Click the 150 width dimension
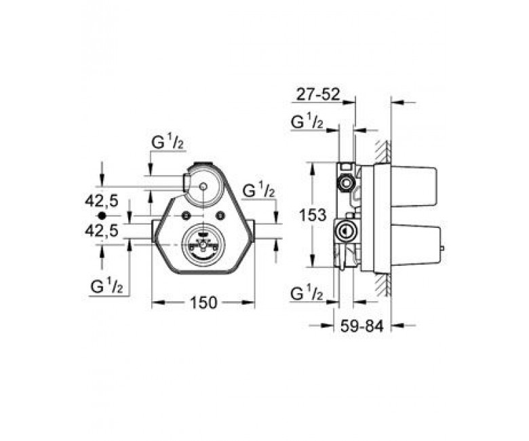coord(203,303)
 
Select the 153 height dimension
coord(313,215)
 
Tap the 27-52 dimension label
coord(318,95)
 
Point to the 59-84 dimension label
coord(361,326)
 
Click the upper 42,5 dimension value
coord(102,202)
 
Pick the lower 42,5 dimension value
coord(102,231)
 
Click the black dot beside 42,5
coord(102,215)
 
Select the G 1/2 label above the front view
coord(168,143)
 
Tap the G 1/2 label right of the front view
coord(259,191)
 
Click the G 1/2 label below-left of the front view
coord(106,287)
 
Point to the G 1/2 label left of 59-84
coord(307,294)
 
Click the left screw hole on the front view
coord(185,215)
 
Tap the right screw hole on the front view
coord(221,215)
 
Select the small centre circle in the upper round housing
coord(203,187)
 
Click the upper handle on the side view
coord(414,187)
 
